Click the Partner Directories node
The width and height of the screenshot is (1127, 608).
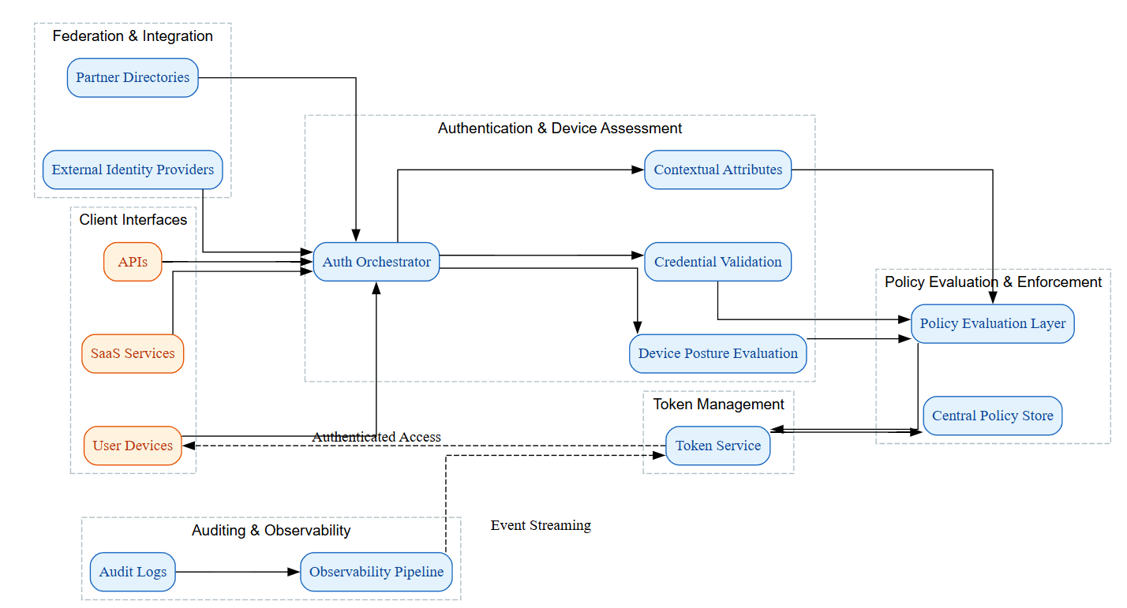(x=133, y=77)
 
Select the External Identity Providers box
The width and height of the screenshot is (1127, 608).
(x=133, y=170)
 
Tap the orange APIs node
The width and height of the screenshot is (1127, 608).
(x=133, y=262)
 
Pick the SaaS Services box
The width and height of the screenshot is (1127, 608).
(x=133, y=353)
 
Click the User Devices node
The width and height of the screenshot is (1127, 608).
(x=133, y=446)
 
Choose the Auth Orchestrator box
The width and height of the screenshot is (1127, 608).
(x=376, y=262)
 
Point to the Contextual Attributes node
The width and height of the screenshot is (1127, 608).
(x=717, y=170)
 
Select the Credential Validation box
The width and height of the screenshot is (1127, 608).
(x=717, y=262)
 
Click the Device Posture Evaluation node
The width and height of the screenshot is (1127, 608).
(x=717, y=353)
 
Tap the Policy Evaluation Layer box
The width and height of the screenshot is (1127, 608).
(x=992, y=323)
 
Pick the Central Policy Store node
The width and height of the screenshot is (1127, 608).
(x=992, y=416)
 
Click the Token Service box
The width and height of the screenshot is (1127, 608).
(x=717, y=446)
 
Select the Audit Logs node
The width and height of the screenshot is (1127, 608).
(x=133, y=572)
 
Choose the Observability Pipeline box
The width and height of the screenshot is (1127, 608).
(x=376, y=572)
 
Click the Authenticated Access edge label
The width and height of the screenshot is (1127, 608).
(x=376, y=437)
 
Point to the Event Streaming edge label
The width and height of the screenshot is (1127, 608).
(x=541, y=525)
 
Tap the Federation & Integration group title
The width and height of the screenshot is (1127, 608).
(x=133, y=36)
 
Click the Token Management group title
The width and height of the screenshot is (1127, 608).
(x=718, y=405)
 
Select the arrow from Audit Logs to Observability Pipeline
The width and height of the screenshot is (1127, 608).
(x=237, y=572)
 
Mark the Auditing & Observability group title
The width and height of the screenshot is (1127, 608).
(x=271, y=531)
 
